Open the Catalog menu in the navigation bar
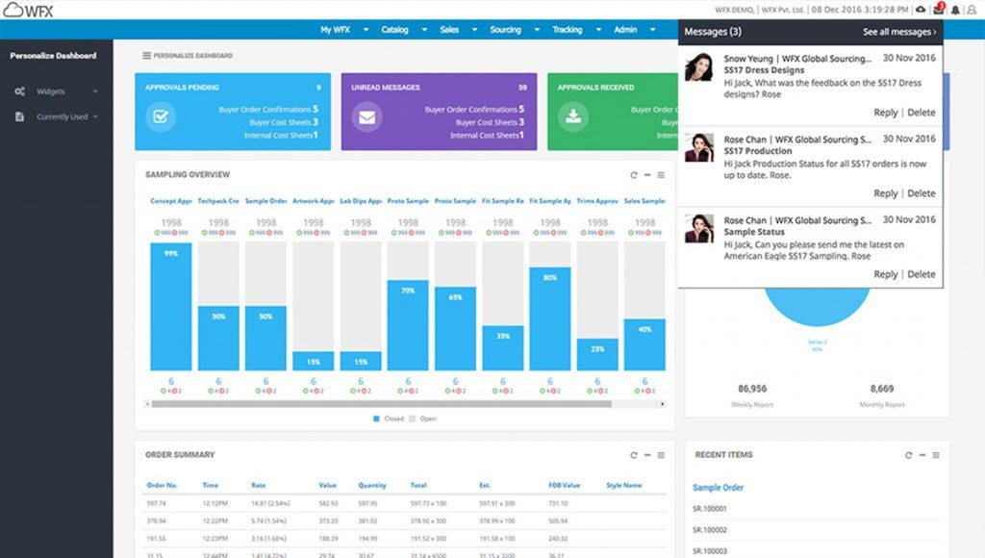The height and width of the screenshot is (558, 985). coord(394,30)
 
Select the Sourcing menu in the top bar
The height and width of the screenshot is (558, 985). coord(505,30)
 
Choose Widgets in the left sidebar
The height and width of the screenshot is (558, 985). coord(50,91)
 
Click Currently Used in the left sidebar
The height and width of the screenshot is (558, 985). coord(62,117)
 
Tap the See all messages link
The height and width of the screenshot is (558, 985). coord(898,32)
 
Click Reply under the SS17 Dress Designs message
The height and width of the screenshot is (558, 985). coord(885,113)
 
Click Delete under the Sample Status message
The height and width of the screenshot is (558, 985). coord(921,274)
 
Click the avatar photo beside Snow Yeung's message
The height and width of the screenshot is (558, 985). coord(699,67)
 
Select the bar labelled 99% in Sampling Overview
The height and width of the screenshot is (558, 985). coord(170,306)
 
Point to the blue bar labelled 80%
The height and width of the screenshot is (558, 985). coord(549,318)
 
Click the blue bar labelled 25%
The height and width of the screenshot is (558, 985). coord(597,354)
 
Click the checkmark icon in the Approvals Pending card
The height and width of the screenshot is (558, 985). coord(160,117)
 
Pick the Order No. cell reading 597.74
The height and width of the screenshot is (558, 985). coord(156,503)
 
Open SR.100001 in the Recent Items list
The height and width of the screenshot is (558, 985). coord(710,508)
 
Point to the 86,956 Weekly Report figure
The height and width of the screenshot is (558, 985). coord(751,389)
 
